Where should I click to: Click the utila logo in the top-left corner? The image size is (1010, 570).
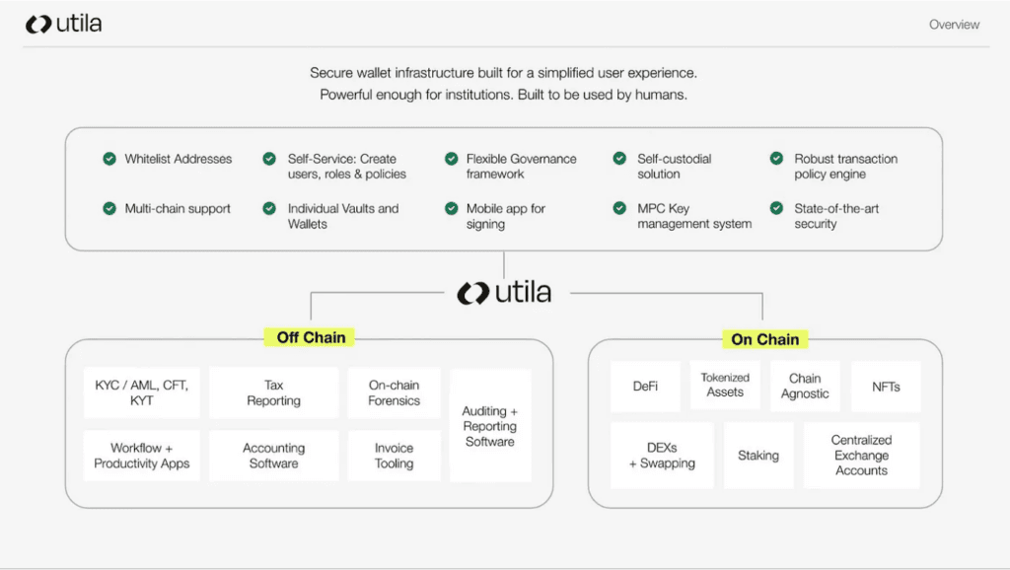[63, 24]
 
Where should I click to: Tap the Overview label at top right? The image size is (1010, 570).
[954, 25]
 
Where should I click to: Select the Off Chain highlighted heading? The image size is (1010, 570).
[311, 337]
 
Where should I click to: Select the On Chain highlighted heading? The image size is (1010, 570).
[764, 339]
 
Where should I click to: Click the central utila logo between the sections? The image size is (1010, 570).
[504, 293]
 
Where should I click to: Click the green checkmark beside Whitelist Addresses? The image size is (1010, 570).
[109, 159]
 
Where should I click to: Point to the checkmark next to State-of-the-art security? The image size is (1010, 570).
[774, 209]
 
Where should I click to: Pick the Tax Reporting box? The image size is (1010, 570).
[273, 393]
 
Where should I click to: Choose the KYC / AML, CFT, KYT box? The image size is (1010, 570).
[141, 393]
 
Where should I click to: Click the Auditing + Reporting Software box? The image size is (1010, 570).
[490, 426]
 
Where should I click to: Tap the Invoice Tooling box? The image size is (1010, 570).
[394, 456]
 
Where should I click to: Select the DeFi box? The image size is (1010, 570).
[645, 387]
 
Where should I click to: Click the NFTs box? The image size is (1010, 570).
[886, 387]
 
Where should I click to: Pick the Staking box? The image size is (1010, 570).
[758, 456]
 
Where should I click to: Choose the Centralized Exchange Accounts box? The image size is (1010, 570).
[861, 456]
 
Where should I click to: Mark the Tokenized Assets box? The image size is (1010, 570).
[725, 386]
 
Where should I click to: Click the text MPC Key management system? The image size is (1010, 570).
[693, 216]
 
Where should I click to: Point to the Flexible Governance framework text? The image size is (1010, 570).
[521, 167]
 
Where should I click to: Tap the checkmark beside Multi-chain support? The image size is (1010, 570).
[109, 209]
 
